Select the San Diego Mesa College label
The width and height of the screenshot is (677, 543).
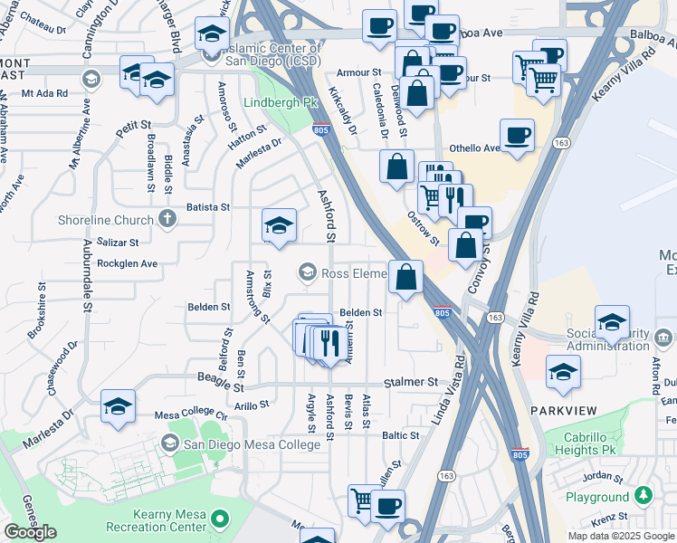[252, 444]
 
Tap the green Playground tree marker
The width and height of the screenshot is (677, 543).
[644, 496]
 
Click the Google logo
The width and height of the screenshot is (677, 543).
[30, 532]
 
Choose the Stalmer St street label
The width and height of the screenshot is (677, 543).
[409, 383]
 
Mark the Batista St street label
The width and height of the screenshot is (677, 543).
[208, 207]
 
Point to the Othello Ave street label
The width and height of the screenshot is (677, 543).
[475, 148]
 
